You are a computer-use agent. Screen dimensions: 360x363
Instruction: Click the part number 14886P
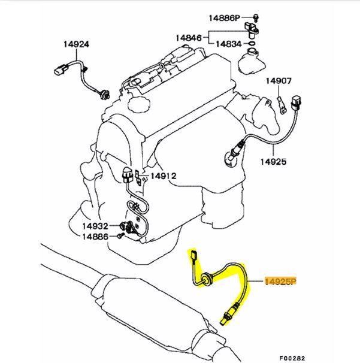pos(224,18)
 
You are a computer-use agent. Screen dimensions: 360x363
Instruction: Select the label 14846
pos(189,38)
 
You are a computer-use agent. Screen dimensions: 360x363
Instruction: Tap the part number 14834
pos(229,44)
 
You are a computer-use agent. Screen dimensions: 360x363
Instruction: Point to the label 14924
pos(76,44)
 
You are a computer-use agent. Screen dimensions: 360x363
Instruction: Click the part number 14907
pos(279,81)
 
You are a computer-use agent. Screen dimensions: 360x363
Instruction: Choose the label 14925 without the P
pos(273,162)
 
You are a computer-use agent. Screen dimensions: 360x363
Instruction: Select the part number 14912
pos(164,176)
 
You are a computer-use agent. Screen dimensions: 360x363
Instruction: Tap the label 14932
pos(95,226)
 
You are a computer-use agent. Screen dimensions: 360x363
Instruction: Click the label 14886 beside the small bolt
pos(95,237)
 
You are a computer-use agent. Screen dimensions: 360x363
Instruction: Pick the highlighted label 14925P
pos(280,282)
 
